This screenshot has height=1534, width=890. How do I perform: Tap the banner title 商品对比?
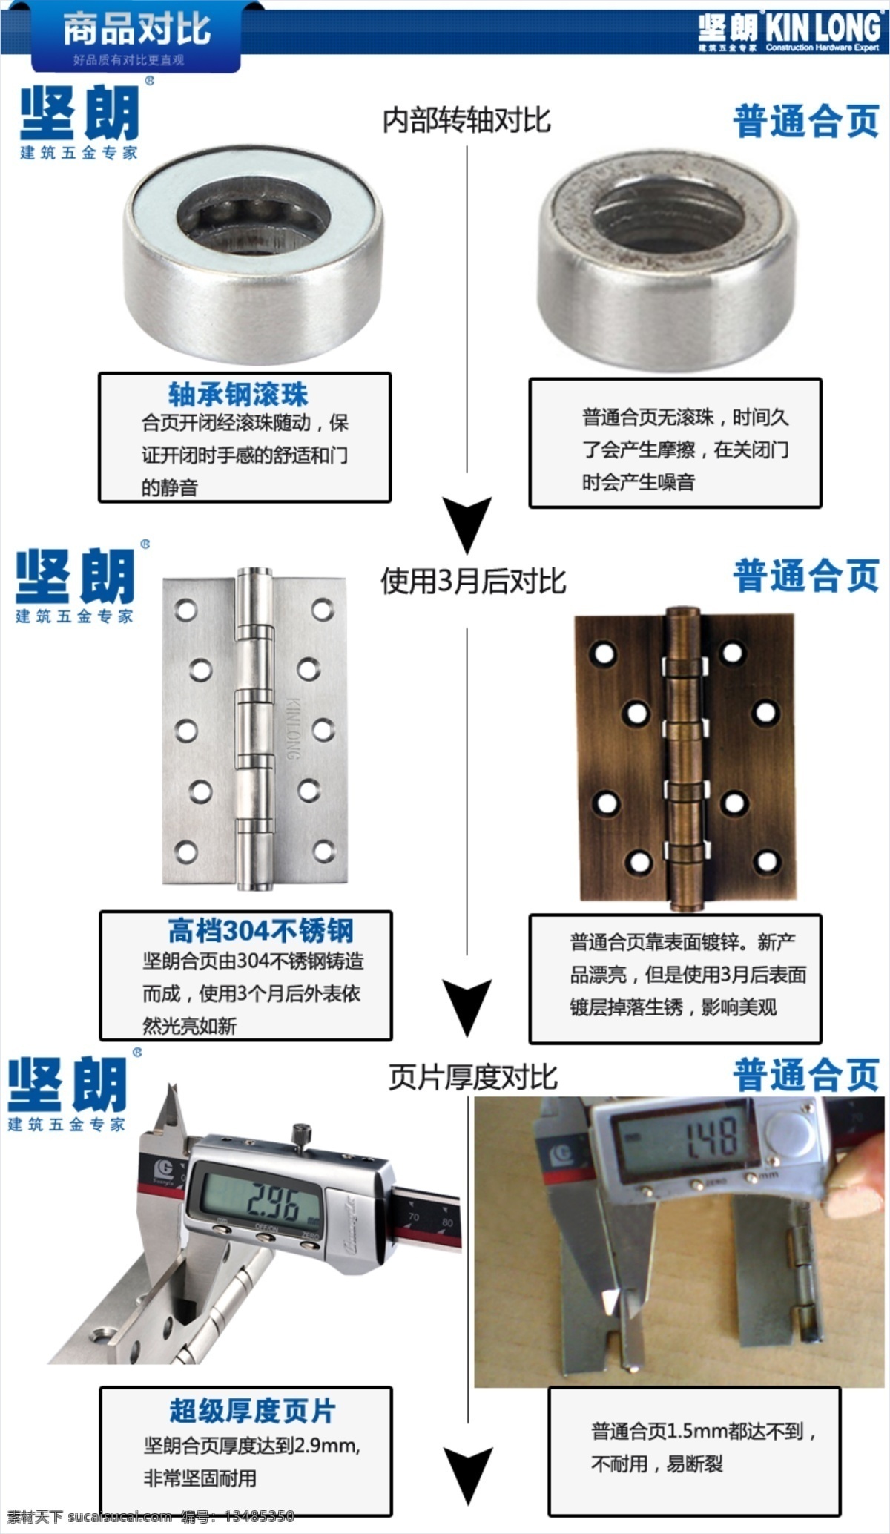tap(136, 30)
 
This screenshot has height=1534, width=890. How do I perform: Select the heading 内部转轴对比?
tap(467, 120)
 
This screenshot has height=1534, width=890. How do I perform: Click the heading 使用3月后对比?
tap(473, 582)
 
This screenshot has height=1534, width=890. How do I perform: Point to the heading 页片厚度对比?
tap(472, 1078)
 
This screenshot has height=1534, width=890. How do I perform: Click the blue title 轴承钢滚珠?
tap(237, 395)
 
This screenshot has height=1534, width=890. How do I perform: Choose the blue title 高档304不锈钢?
tap(260, 930)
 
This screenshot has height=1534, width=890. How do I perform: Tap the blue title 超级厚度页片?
tap(252, 1410)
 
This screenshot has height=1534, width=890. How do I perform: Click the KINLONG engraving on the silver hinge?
tap(293, 726)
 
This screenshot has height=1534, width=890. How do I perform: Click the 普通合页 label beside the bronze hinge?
tap(807, 575)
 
